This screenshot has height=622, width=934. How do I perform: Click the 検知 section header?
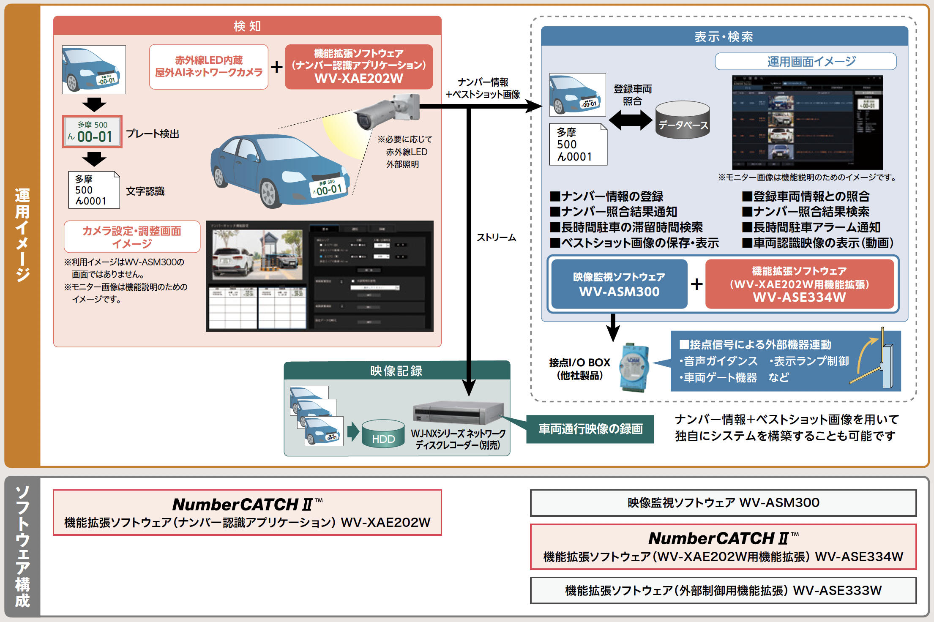pyautogui.click(x=247, y=26)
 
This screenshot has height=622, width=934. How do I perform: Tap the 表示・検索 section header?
pyautogui.click(x=724, y=36)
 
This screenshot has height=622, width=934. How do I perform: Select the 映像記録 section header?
pyautogui.click(x=396, y=371)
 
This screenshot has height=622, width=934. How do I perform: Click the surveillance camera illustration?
pyautogui.click(x=385, y=111)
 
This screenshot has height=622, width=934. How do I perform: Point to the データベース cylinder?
pyautogui.click(x=683, y=120)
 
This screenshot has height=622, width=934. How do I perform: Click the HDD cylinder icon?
pyautogui.click(x=383, y=434)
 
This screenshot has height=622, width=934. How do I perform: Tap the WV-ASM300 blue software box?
pyautogui.click(x=619, y=284)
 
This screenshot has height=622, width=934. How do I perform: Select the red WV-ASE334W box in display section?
pyautogui.click(x=799, y=284)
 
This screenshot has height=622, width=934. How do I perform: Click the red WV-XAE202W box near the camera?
pyautogui.click(x=358, y=66)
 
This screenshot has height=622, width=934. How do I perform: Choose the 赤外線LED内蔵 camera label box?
pyautogui.click(x=208, y=66)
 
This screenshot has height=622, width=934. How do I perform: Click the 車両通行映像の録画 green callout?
pyautogui.click(x=590, y=429)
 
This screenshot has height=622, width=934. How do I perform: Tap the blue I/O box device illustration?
pyautogui.click(x=634, y=367)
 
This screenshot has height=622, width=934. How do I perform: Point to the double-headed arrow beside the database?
pyautogui.click(x=630, y=120)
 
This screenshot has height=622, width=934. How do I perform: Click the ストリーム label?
pyautogui.click(x=496, y=237)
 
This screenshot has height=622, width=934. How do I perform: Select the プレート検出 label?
pyautogui.click(x=153, y=134)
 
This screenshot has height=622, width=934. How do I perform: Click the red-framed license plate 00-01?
pyautogui.click(x=92, y=131)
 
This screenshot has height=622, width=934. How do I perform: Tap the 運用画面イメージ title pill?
pyautogui.click(x=806, y=62)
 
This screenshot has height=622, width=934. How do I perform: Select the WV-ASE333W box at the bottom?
pyautogui.click(x=723, y=590)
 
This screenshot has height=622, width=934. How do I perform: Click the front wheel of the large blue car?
pyautogui.click(x=269, y=194)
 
